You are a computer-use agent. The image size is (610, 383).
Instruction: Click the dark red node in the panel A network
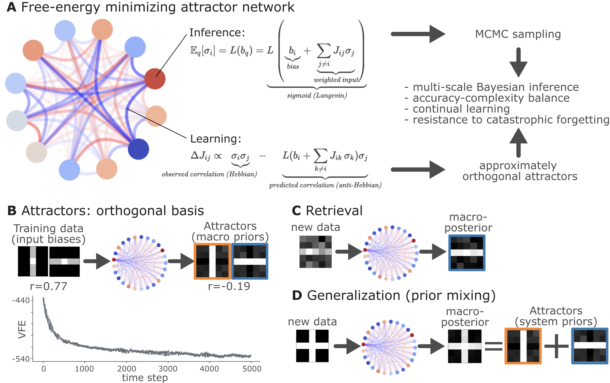pyautogui.click(x=155, y=79)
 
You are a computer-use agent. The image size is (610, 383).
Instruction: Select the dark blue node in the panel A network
pyautogui.click(x=138, y=149)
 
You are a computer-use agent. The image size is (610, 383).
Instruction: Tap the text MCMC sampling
pyautogui.click(x=518, y=34)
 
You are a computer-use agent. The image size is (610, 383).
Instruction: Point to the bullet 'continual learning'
pyautogui.click(x=461, y=109)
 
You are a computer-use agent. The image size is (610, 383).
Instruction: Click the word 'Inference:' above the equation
pyautogui.click(x=217, y=33)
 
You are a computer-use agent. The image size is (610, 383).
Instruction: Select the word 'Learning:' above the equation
pyautogui.click(x=216, y=139)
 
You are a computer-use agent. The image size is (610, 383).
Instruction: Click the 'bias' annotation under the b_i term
pyautogui.click(x=293, y=66)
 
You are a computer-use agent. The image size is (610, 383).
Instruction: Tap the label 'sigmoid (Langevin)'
pyautogui.click(x=317, y=95)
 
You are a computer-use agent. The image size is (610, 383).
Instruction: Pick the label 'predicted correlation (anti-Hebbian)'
pyautogui.click(x=325, y=185)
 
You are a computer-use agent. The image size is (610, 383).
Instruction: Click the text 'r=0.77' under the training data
pyautogui.click(x=48, y=286)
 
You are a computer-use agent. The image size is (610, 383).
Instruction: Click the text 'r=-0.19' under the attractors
pyautogui.click(x=229, y=286)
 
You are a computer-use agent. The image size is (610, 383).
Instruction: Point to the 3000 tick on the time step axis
pyautogui.click(x=168, y=369)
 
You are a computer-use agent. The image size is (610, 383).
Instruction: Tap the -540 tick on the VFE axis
pyautogui.click(x=21, y=359)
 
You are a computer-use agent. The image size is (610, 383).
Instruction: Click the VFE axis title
pyautogui.click(x=22, y=329)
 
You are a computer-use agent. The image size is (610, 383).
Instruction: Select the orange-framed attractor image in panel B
pyautogui.click(x=212, y=261)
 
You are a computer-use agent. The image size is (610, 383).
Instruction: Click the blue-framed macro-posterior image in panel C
pyautogui.click(x=467, y=253)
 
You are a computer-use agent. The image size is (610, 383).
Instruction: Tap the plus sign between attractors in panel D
pyautogui.click(x=556, y=346)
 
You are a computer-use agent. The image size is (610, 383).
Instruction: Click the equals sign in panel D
pyautogui.click(x=493, y=346)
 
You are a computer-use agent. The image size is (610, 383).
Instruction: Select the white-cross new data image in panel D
pyautogui.click(x=312, y=346)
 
